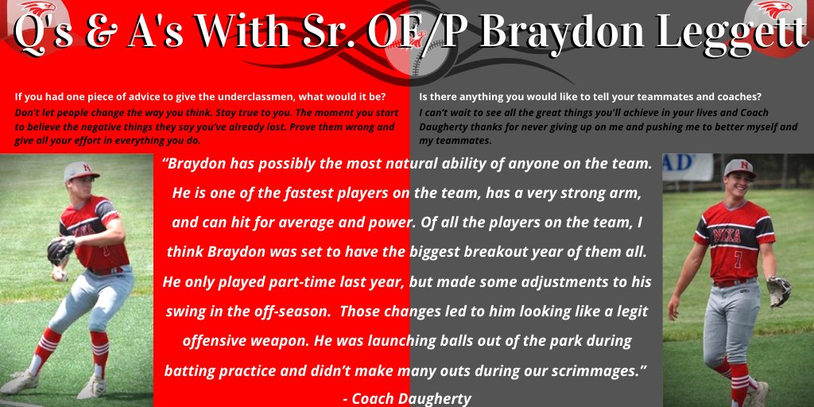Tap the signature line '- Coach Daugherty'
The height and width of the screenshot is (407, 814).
tap(407, 398)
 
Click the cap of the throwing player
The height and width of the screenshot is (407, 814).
tap(81, 171)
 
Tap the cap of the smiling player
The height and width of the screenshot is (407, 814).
tap(738, 169)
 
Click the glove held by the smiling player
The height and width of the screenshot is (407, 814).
tap(779, 290)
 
